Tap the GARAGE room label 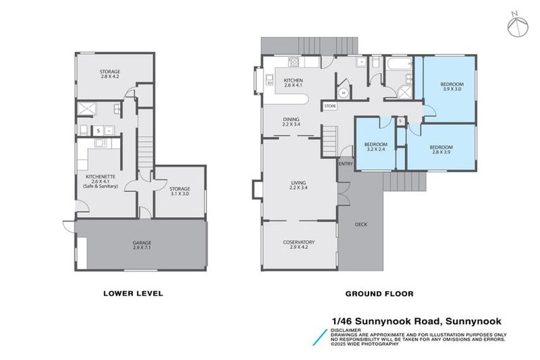tap(142, 245)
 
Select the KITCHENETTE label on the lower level tap(99, 180)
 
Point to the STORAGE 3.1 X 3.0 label tap(179, 191)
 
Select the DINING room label tap(291, 122)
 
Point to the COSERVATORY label tap(299, 245)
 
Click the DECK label tap(361, 225)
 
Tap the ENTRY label tap(345, 164)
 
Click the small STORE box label tap(330, 106)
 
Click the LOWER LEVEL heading tap(133, 293)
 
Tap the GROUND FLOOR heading tap(379, 293)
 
